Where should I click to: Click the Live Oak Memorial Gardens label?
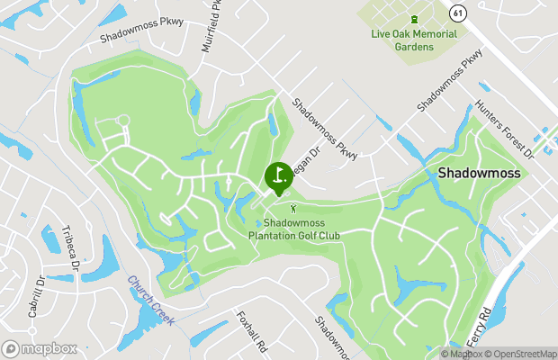click(x=414, y=40)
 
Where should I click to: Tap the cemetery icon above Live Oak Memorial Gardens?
click(x=414, y=20)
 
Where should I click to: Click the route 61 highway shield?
click(x=458, y=13)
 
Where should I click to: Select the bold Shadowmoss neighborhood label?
click(x=480, y=172)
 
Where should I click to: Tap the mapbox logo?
click(x=40, y=348)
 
